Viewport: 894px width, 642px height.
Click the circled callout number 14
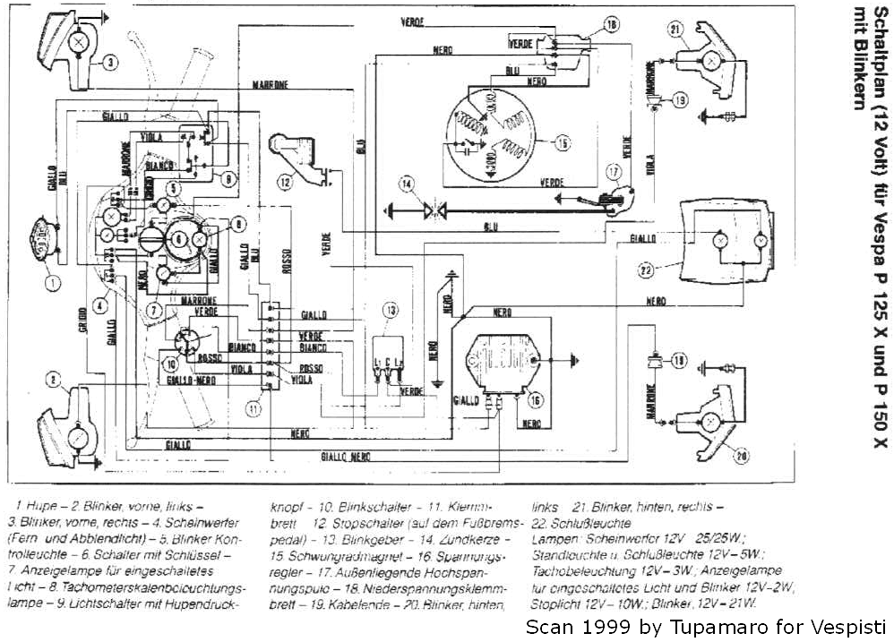click(x=408, y=185)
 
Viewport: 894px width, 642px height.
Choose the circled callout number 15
click(x=562, y=141)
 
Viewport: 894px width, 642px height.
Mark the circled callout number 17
click(x=613, y=171)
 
